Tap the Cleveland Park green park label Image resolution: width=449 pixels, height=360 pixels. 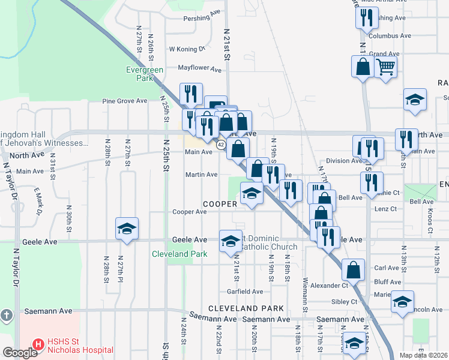179,254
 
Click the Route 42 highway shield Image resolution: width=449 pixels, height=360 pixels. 221,145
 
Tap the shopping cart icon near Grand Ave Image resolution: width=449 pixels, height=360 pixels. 386,67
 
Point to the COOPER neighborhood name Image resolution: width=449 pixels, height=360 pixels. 220,204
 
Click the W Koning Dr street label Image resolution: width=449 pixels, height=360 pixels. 187,49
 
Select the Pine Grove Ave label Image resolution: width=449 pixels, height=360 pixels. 124,101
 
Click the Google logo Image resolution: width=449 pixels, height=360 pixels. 20,353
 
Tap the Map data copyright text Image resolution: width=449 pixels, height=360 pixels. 423,355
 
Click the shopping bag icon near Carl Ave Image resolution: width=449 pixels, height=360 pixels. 353,269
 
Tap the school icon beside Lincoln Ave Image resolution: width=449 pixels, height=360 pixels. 402,301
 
